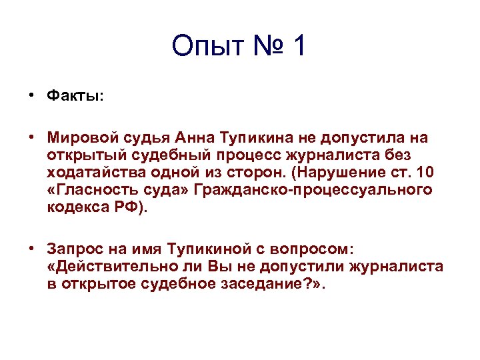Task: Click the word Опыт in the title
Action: pyautogui.click(x=207, y=47)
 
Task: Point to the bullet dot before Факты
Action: pyautogui.click(x=32, y=95)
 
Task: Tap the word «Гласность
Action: pyautogui.click(x=89, y=191)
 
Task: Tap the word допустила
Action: pyautogui.click(x=355, y=139)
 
